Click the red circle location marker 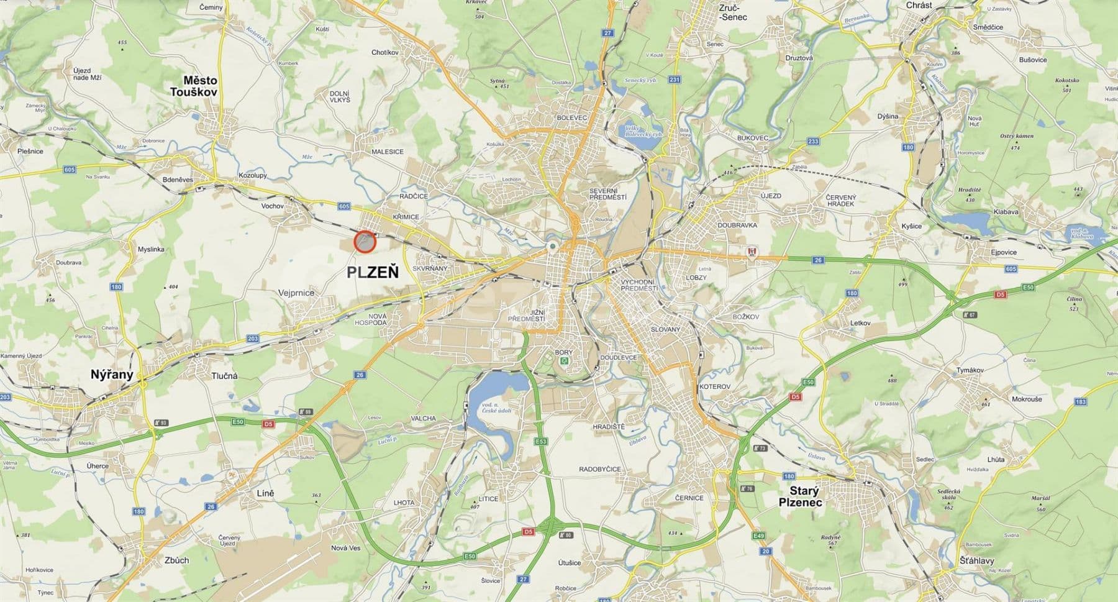(365, 242)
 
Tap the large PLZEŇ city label (373, 272)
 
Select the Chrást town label (919, 5)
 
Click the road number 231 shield (675, 80)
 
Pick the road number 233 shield (813, 141)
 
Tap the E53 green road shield (540, 442)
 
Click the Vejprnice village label (296, 293)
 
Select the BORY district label (564, 352)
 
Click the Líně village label (266, 493)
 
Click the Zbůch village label (177, 560)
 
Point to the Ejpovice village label (1004, 252)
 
